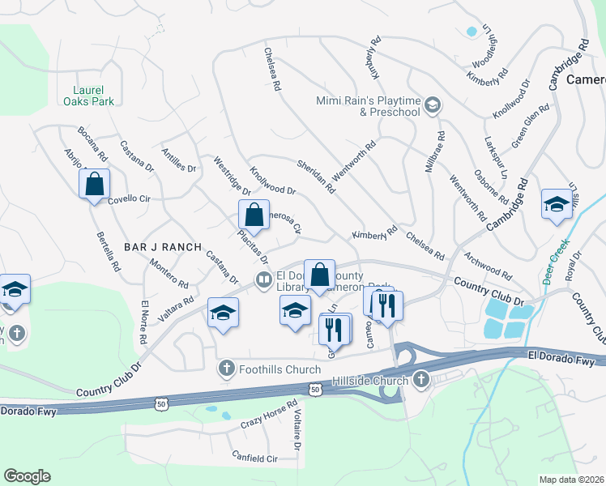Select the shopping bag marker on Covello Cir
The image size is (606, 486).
pyautogui.click(x=95, y=184)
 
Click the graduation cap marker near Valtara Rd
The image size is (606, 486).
pyautogui.click(x=224, y=312)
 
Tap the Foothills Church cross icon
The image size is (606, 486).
pyautogui.click(x=226, y=369)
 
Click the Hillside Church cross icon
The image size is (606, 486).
pyautogui.click(x=420, y=379)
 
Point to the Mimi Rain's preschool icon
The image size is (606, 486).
pyautogui.click(x=433, y=104)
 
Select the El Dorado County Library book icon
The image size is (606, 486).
pyautogui.click(x=263, y=280)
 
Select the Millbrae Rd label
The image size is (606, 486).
pyautogui.click(x=434, y=151)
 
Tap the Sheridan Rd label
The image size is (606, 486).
pyautogui.click(x=315, y=176)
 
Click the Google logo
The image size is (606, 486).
pyautogui.click(x=27, y=476)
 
